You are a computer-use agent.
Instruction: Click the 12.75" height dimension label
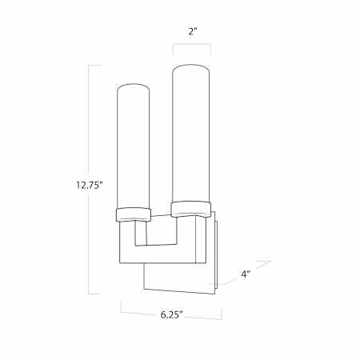[90, 185]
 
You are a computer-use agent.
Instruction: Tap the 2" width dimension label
[192, 32]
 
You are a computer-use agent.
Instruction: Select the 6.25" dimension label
[171, 314]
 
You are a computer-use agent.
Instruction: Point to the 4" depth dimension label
[246, 274]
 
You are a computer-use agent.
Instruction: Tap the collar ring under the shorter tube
[134, 215]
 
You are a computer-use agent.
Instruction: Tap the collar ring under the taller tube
[191, 209]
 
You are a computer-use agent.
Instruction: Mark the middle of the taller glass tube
[192, 134]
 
